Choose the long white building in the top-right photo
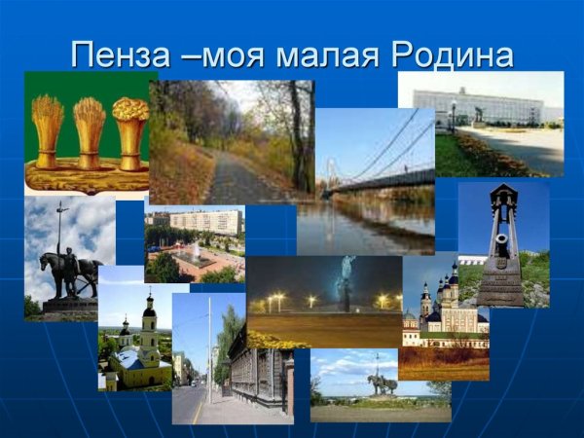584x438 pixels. point(477,105)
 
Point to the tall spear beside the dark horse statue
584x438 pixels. point(61,234)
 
